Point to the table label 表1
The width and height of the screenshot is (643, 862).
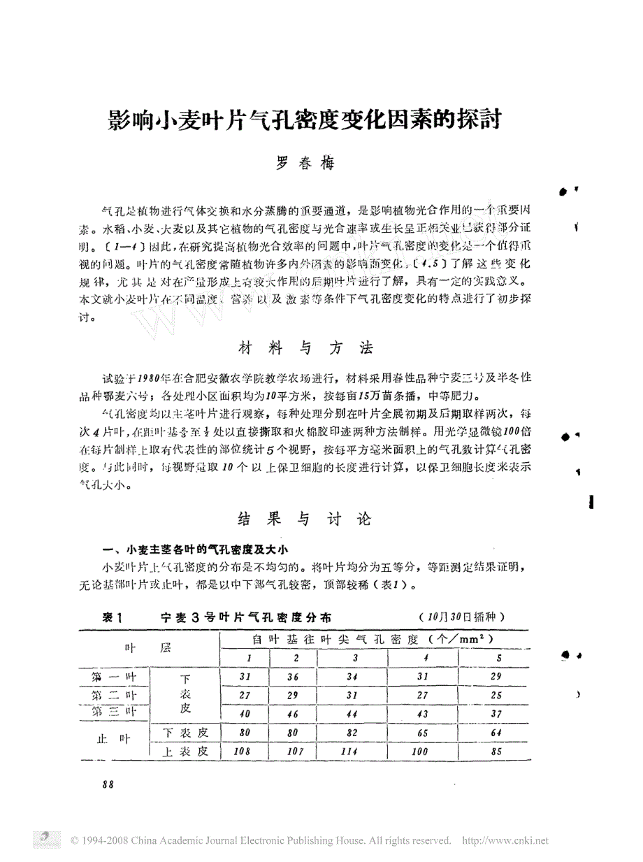pyautogui.click(x=113, y=617)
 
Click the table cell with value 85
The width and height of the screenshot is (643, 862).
pyautogui.click(x=498, y=752)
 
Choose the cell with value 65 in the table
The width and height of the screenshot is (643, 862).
pyautogui.click(x=425, y=733)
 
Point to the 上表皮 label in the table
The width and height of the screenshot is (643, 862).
pyautogui.click(x=185, y=752)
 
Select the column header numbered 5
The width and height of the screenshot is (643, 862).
pyautogui.click(x=498, y=658)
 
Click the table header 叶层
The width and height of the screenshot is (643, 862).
pyautogui.click(x=147, y=648)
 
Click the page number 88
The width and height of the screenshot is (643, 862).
pyautogui.click(x=108, y=784)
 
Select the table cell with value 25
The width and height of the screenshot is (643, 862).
pyautogui.click(x=497, y=696)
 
